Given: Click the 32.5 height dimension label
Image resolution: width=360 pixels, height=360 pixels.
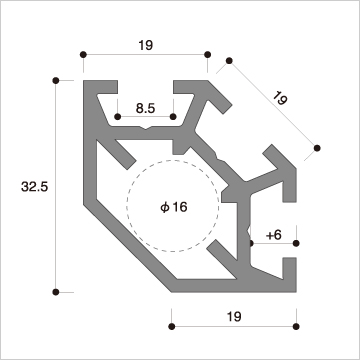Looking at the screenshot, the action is click(x=35, y=187).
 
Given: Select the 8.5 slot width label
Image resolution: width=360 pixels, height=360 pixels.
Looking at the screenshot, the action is click(x=146, y=108).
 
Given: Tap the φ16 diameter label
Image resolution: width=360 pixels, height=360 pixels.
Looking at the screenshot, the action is click(x=174, y=207).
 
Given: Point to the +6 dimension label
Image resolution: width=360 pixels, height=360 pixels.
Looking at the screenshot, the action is click(x=274, y=235).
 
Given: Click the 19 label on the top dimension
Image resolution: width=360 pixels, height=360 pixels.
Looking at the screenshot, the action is click(x=146, y=45).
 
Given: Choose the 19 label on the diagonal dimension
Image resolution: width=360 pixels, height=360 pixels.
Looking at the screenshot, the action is click(x=280, y=98).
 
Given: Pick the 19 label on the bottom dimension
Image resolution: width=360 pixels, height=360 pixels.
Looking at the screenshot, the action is click(x=234, y=316).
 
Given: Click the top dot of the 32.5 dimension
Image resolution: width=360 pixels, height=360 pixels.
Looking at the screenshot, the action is click(x=56, y=80).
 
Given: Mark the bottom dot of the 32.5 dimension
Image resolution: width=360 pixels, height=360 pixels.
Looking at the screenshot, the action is click(x=56, y=292).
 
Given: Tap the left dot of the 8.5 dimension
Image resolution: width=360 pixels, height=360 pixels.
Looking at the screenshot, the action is click(x=117, y=116).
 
